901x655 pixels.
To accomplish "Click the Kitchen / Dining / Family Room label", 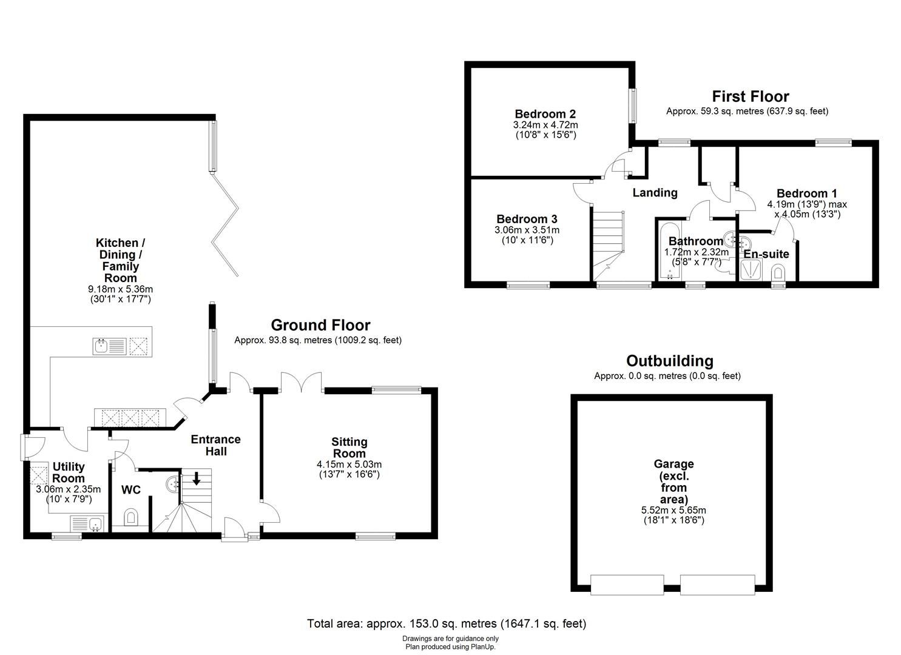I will coord(120,260).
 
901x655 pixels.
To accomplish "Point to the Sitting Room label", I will coord(349,448).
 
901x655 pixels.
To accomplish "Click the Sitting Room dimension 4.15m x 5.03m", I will coord(349,465).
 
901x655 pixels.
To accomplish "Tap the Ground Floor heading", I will coord(320,325).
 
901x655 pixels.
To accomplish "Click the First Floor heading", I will coord(750,96).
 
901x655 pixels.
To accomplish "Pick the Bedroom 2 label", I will coord(545,113).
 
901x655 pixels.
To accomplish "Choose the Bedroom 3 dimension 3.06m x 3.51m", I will coord(527,230).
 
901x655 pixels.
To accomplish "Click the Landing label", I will coord(655,193).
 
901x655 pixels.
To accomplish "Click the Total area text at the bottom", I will coord(447,623).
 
